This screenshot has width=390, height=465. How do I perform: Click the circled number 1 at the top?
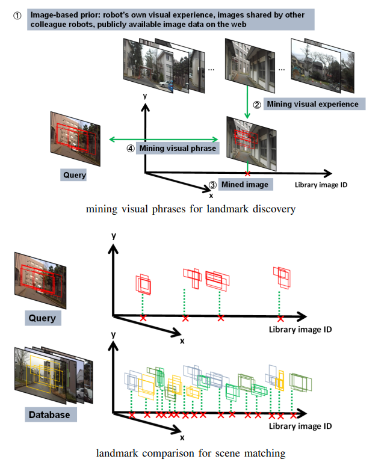tap(17, 16)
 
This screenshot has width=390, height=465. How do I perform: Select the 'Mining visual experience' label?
tap(312, 104)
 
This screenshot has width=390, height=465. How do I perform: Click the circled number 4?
tap(130, 148)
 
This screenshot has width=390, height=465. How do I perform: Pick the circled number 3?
tap(212, 185)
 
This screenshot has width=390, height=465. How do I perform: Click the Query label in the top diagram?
tap(74, 176)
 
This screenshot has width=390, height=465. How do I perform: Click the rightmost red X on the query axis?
tap(280, 318)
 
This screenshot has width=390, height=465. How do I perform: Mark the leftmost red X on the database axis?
tap(132, 414)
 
